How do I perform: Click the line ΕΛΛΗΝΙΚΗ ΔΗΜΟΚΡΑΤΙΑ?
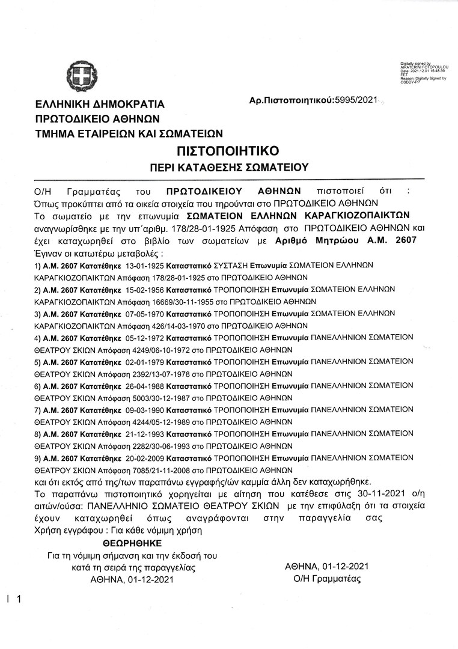[100, 104]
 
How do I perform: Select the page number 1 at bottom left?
[19, 599]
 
